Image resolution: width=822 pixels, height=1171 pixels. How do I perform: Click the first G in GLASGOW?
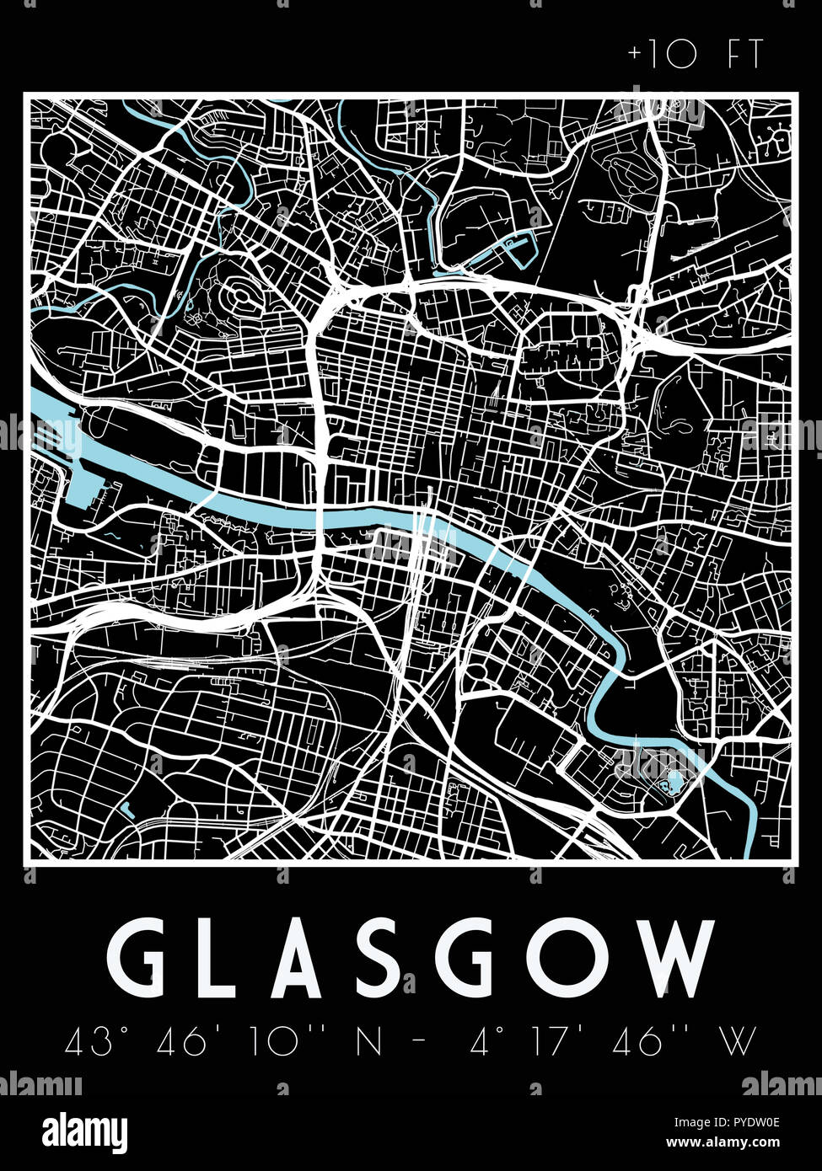(x=140, y=958)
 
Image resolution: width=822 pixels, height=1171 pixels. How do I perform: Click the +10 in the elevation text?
(x=662, y=56)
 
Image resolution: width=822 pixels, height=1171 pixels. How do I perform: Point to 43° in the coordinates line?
(x=88, y=1042)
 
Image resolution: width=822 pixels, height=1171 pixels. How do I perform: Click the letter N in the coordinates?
(x=368, y=1042)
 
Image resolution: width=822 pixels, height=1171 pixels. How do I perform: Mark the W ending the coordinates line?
(x=739, y=1042)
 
